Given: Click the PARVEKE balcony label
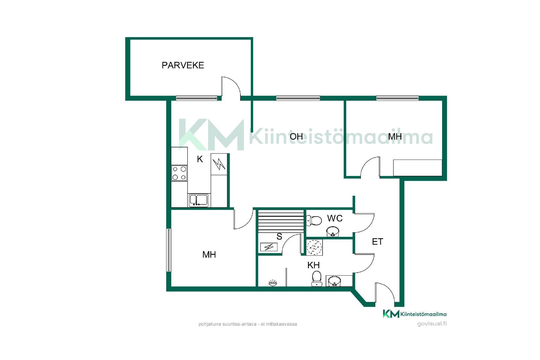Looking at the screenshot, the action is click(x=183, y=65).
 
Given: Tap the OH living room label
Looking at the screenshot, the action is click(x=296, y=136).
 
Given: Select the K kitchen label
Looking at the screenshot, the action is click(x=200, y=159).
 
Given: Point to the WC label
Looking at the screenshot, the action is click(x=335, y=218).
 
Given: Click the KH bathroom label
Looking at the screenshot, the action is click(x=313, y=265).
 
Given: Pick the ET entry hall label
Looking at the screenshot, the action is click(x=377, y=242).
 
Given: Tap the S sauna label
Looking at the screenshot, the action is click(x=279, y=237).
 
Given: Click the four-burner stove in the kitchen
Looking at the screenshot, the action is click(x=179, y=173).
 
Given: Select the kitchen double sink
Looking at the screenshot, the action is click(x=198, y=200).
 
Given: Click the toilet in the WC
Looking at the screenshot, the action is click(x=314, y=220).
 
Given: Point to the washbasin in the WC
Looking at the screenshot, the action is click(x=333, y=232).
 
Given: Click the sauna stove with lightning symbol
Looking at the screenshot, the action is click(x=269, y=247).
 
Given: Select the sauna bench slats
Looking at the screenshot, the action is click(x=281, y=221).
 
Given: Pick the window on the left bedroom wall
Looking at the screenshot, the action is click(x=169, y=250).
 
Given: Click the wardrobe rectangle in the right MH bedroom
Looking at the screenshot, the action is click(x=417, y=168).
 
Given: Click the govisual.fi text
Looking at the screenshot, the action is click(x=432, y=323).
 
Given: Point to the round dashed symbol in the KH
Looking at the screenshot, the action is click(x=314, y=247).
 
